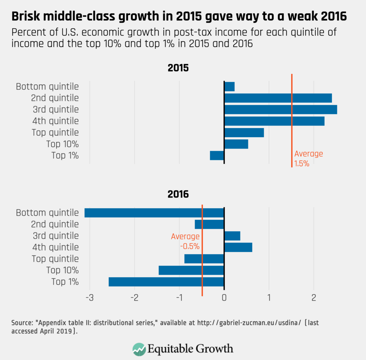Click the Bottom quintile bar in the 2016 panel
point(154,213)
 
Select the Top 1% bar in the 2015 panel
point(217,155)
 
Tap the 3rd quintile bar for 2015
point(281,109)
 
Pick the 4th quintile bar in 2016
point(238,247)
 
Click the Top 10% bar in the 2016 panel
point(191,270)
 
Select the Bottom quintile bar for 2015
point(229,86)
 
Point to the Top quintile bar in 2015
point(244,133)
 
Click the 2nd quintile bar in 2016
point(210,224)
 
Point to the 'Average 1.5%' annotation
point(308,159)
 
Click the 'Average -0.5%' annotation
point(185,241)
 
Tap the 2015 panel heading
point(178,68)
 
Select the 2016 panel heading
point(178,194)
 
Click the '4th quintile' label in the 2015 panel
point(55,121)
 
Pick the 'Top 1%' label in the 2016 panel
point(65,282)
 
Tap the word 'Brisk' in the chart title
point(27,16)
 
